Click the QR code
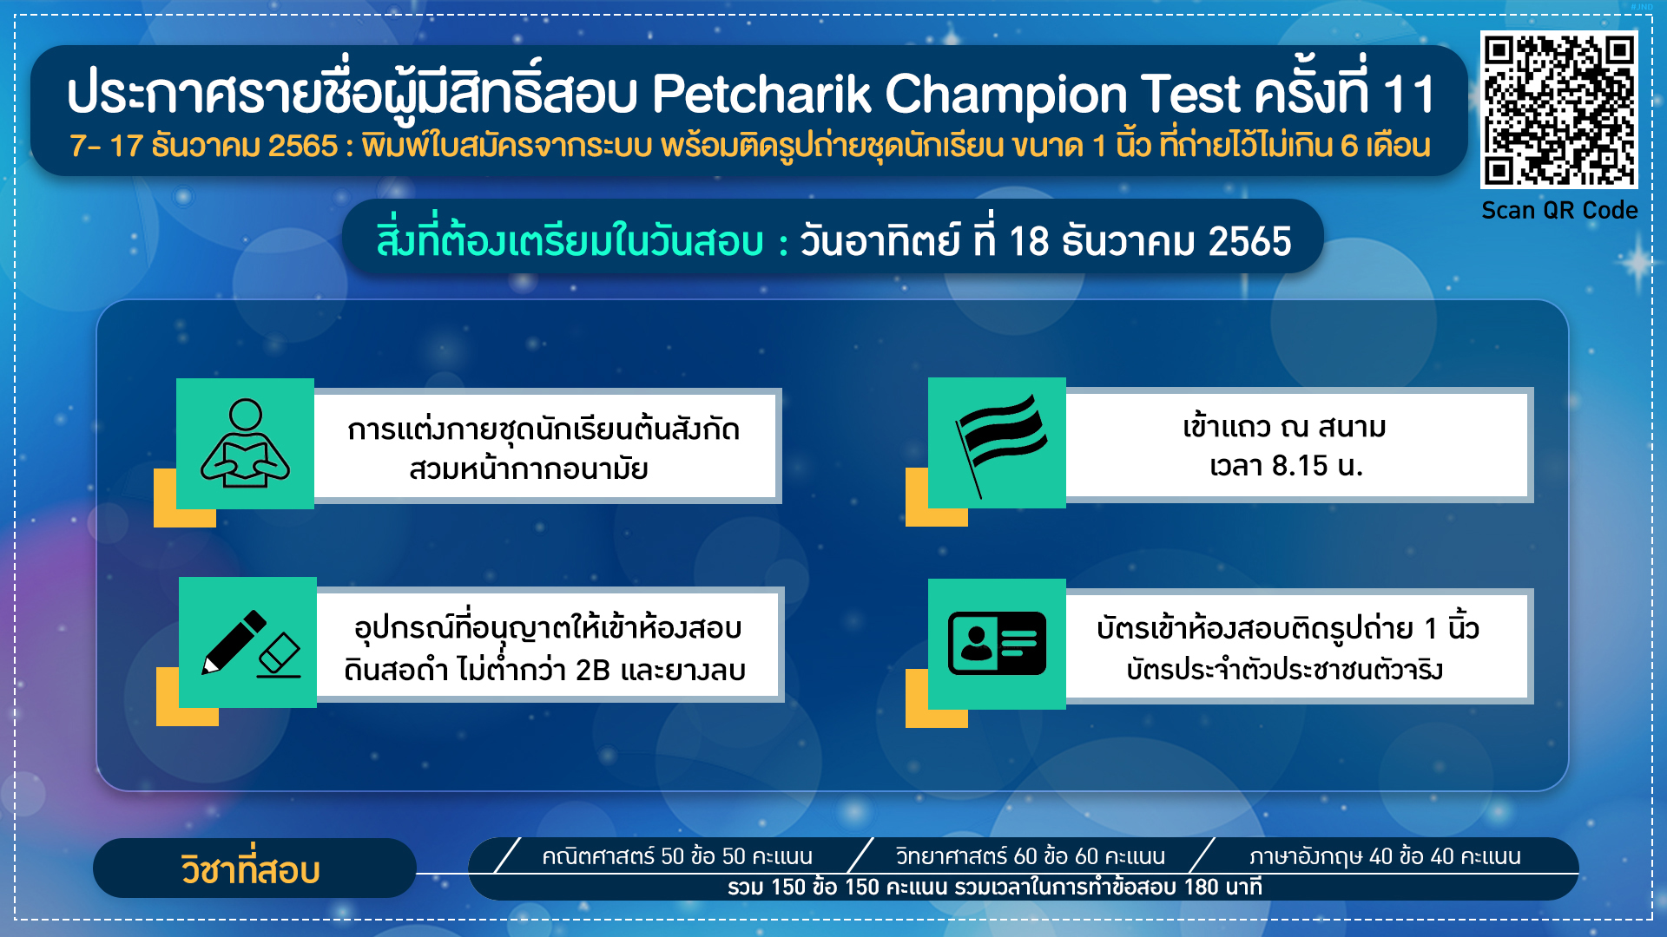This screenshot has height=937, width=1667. (1559, 109)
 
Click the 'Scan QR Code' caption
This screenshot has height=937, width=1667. (1559, 211)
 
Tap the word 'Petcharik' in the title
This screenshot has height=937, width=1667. (761, 94)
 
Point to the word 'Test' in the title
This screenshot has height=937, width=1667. (1190, 94)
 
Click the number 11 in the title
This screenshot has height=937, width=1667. (1409, 95)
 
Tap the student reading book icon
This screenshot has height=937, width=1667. (245, 443)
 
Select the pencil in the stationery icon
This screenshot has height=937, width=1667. (234, 642)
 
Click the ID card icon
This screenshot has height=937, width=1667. (997, 643)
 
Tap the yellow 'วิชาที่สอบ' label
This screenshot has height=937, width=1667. (251, 869)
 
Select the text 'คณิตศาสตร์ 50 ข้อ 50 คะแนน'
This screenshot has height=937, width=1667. (677, 856)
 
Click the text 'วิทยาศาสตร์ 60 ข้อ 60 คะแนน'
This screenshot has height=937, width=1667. (1031, 856)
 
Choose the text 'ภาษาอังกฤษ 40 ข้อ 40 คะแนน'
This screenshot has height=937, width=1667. (1385, 856)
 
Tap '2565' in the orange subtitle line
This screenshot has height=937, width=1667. (303, 146)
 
